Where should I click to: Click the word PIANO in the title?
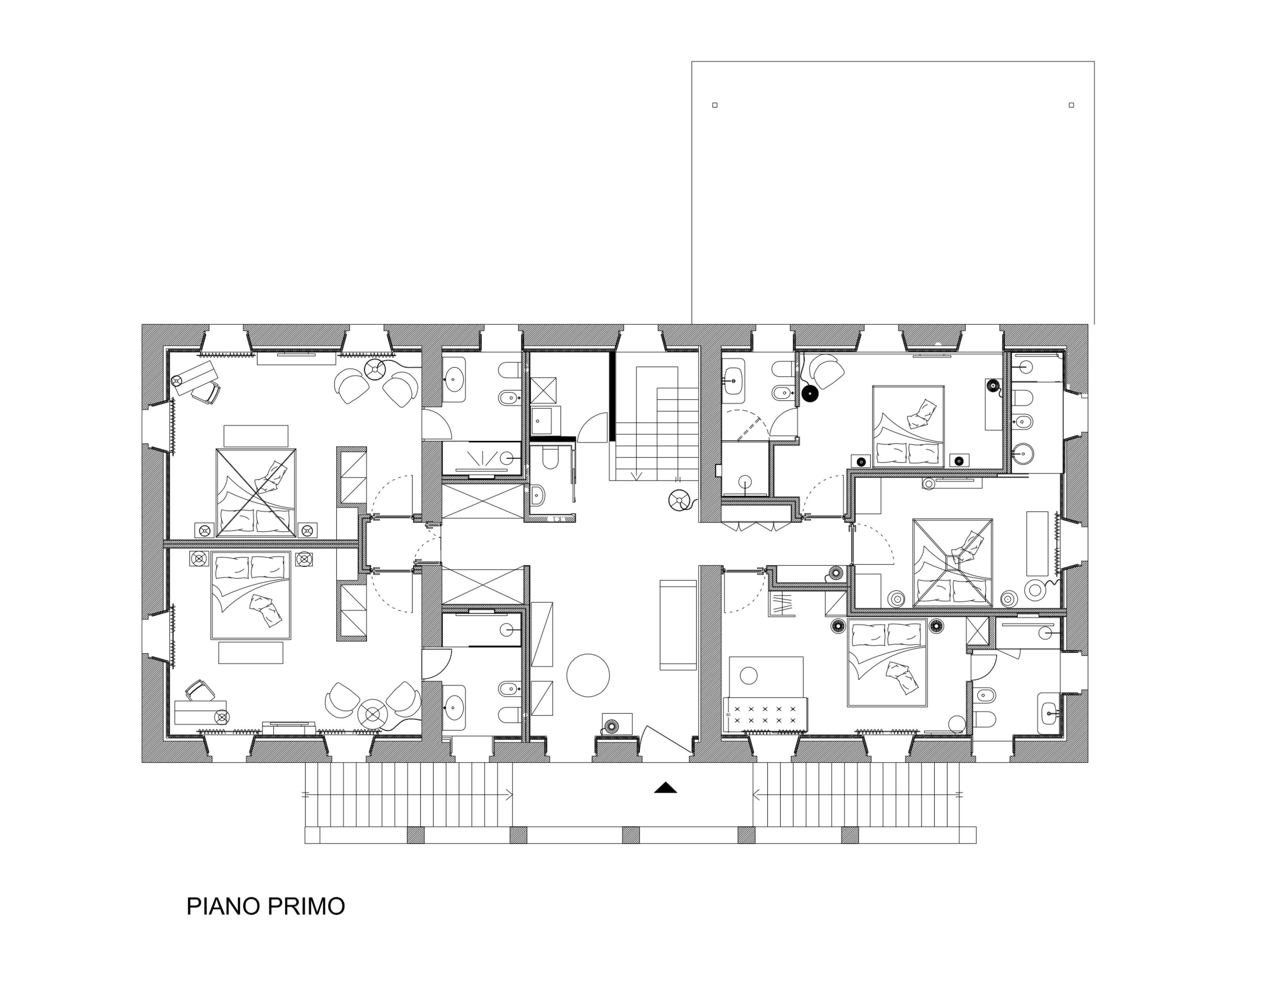point(222,907)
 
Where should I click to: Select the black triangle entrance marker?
point(665,787)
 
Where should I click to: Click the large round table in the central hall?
point(588,675)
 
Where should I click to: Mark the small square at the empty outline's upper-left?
point(715,105)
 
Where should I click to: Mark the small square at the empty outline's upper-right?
point(1071,105)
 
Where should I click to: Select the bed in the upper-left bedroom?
point(256,492)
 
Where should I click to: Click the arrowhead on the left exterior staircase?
point(510,794)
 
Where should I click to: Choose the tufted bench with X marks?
point(765,715)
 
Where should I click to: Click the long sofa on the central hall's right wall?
point(678,625)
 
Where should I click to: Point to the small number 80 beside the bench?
point(728,715)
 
